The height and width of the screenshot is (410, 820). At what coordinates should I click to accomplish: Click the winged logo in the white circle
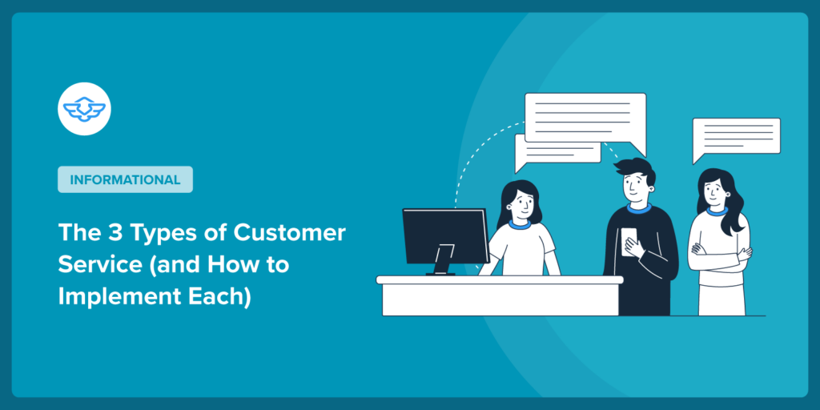click(84, 108)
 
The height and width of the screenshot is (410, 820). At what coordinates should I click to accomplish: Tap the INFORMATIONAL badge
click(125, 179)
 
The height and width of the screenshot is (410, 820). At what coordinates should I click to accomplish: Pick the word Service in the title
click(94, 265)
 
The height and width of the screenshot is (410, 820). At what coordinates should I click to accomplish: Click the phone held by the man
click(629, 241)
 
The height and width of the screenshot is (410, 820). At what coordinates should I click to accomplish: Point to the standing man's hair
click(633, 171)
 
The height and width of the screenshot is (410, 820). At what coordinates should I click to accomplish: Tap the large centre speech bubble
click(585, 119)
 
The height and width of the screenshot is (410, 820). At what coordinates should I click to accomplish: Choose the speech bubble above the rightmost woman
click(736, 137)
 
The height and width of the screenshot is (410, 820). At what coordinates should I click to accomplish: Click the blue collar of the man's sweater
click(638, 210)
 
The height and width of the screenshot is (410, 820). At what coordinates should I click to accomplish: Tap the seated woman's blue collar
click(519, 224)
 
